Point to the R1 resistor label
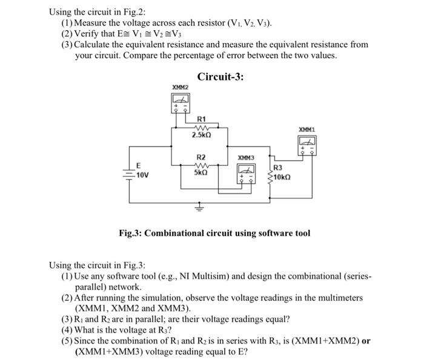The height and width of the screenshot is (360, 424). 202,119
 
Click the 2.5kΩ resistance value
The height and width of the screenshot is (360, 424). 201,135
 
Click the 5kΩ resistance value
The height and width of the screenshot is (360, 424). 201,172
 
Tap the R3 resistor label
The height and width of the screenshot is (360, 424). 277,168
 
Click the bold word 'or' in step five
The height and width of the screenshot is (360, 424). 365,341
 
